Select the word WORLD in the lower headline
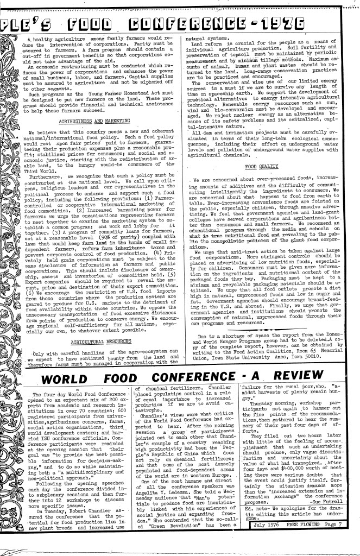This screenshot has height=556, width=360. pyautogui.click(x=87, y=363)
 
